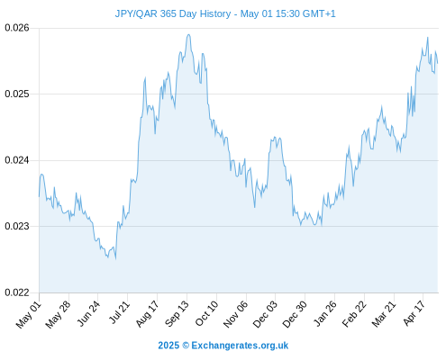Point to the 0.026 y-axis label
click(x=17, y=28)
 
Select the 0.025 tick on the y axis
click(x=17, y=94)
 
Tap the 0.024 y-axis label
click(x=17, y=160)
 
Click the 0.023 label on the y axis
click(x=17, y=226)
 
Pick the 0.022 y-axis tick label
click(x=17, y=292)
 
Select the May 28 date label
click(x=58, y=314)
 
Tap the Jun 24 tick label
click(x=88, y=313)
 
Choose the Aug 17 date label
click(x=147, y=314)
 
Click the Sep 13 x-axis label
click(x=177, y=313)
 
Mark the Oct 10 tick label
click(x=206, y=313)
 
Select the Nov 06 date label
click(x=235, y=314)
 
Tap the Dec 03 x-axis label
click(x=265, y=314)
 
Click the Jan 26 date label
click(x=324, y=313)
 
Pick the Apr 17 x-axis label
click(x=414, y=313)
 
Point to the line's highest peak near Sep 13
click(x=188, y=34)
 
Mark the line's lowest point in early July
click(x=115, y=258)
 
